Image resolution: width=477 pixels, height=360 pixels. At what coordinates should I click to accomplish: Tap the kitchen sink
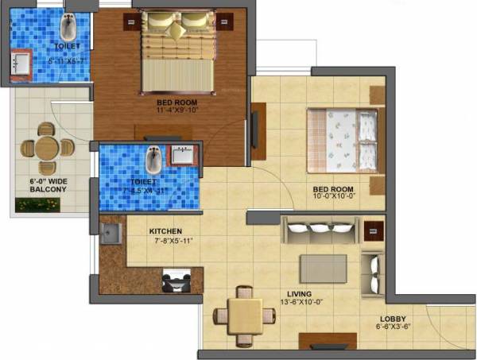pos(111,234)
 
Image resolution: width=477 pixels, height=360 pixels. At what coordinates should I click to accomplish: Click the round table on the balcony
pos(46,147)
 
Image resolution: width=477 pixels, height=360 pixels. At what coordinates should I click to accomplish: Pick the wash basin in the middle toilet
pos(184,153)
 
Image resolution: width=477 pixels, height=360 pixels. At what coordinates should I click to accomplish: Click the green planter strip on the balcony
pos(38,205)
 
